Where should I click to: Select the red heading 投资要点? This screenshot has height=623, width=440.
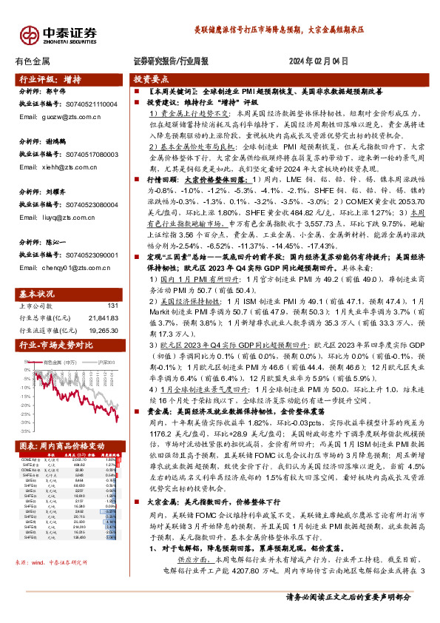[x=150, y=78]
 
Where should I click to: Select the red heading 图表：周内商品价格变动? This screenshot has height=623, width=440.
[x=60, y=446]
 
